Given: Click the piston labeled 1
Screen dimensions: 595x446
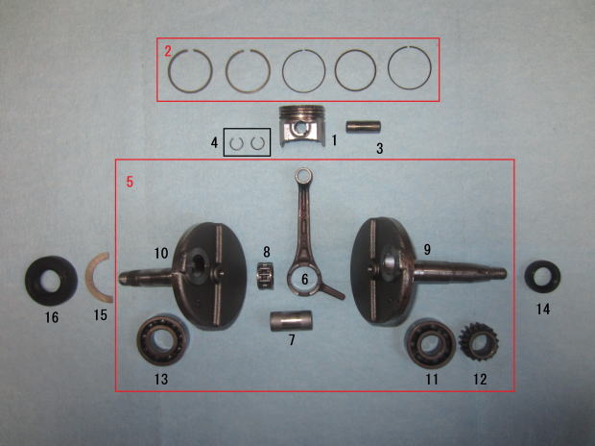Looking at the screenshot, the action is [x=302, y=126].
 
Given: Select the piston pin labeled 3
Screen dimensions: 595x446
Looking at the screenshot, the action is [x=363, y=127].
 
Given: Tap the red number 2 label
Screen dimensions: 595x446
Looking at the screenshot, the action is [x=168, y=51].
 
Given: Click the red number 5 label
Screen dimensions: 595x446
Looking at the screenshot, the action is [x=130, y=182].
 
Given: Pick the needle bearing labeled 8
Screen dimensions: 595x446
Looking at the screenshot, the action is [x=266, y=276].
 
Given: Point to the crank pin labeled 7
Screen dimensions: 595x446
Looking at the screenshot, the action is [x=291, y=321].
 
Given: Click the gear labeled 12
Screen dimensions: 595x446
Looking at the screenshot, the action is [x=478, y=341].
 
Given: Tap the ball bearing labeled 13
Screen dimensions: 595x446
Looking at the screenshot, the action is [x=163, y=339].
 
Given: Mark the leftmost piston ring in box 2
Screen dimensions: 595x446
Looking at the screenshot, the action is [x=169, y=71].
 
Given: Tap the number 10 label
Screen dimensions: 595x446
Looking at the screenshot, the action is [x=161, y=253].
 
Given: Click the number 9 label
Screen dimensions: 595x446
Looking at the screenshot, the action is [x=427, y=250].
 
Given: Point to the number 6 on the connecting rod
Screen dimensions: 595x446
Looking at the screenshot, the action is [x=305, y=280].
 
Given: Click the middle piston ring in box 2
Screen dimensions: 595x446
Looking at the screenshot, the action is [x=283, y=71].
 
